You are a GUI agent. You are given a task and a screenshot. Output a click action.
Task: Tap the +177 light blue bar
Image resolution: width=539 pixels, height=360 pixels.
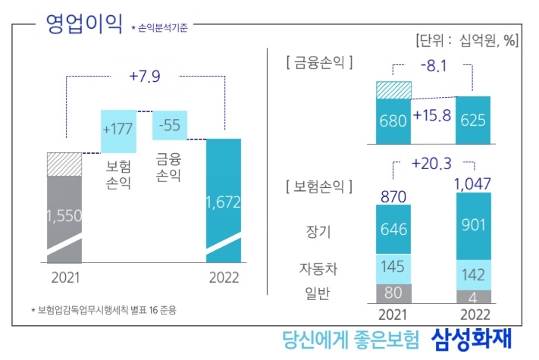point(118,125)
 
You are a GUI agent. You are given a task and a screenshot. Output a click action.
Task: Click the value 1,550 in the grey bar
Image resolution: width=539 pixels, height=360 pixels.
point(64,216)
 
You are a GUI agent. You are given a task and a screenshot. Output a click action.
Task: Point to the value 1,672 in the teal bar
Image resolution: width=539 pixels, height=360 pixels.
point(224,202)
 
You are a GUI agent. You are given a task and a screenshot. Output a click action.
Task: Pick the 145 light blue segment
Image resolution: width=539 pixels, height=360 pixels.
point(393,269)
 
